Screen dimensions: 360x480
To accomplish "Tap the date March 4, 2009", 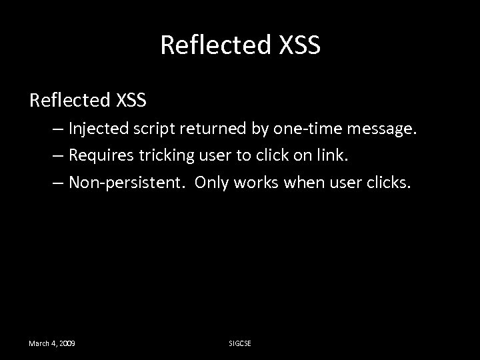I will point(51,343).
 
